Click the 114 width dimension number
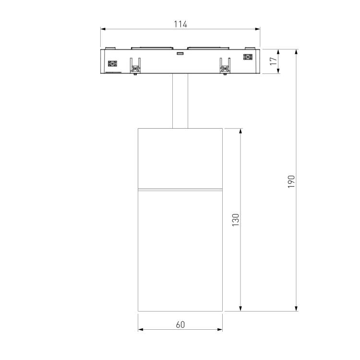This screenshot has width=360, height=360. [x=180, y=24]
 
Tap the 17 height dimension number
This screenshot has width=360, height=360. [x=273, y=61]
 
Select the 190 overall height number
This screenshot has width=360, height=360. [x=291, y=181]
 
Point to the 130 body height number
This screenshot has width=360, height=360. [x=236, y=220]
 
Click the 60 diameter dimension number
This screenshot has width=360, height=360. [x=180, y=324]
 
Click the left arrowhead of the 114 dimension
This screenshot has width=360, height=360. [x=103, y=29]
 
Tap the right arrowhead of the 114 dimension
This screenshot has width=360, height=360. [x=258, y=29]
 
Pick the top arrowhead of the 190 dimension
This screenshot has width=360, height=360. [x=296, y=52]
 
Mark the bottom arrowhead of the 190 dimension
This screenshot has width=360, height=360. [x=296, y=309]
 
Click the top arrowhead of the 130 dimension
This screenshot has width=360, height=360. [x=240, y=131]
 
